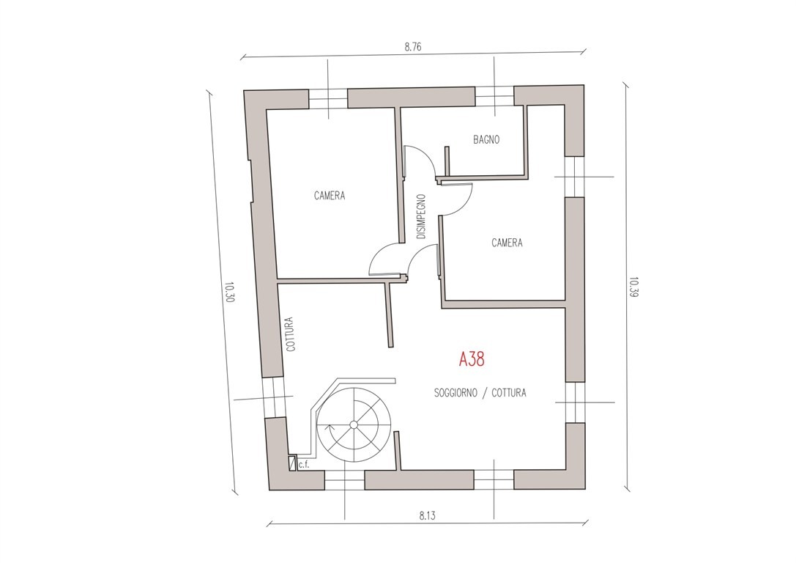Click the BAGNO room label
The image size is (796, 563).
point(486,139)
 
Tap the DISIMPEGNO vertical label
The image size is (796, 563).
point(421,217)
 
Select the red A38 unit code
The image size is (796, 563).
point(472,359)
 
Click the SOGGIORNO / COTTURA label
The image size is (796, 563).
point(480,393)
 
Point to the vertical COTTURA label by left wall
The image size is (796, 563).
point(291,334)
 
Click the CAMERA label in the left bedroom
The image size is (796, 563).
point(330,196)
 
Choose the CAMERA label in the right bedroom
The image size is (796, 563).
point(507,243)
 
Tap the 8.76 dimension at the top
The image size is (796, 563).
point(413,47)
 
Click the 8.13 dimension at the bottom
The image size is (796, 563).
point(428,516)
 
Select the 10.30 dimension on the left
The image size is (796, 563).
point(228,292)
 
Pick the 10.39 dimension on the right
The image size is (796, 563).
point(633,287)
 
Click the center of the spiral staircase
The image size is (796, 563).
point(354,424)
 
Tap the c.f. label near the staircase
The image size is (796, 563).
point(304,464)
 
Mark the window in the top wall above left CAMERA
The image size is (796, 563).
point(328,98)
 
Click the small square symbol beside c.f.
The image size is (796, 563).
point(291,463)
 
